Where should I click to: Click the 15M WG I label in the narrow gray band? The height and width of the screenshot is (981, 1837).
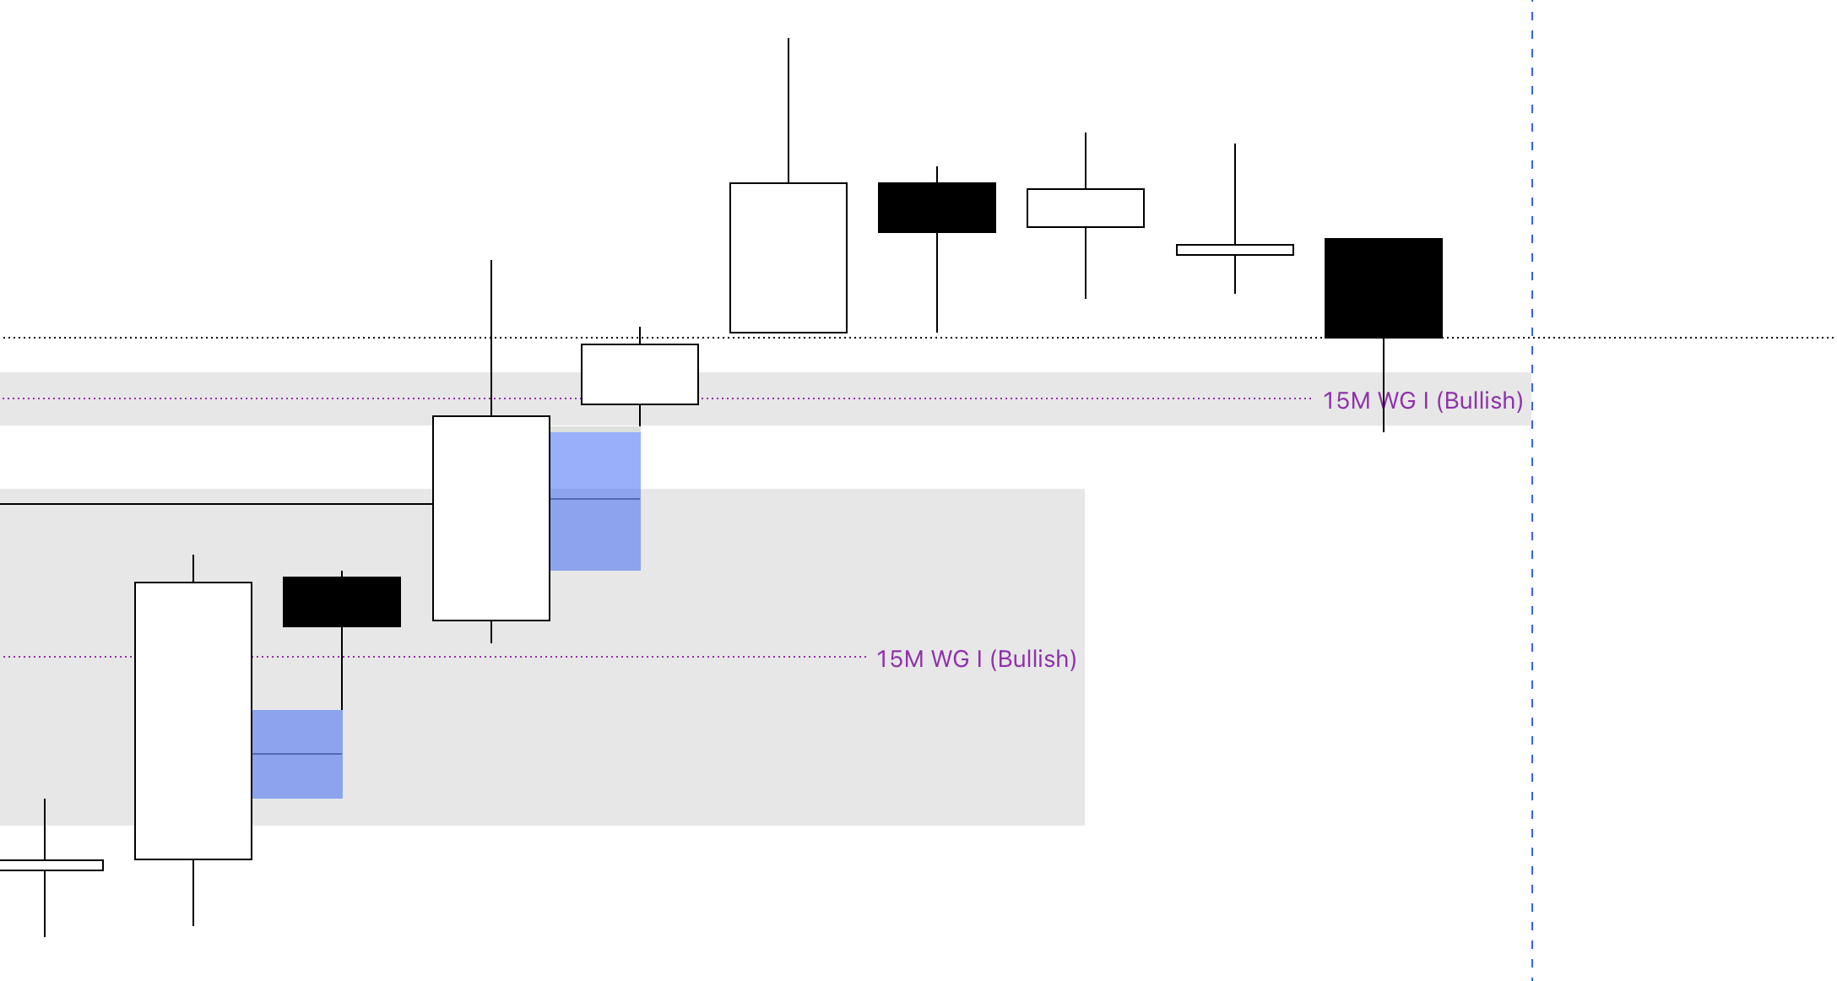click(x=1422, y=400)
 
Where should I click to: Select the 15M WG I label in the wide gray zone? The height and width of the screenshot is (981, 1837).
click(x=976, y=659)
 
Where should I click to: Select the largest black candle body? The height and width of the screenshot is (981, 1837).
click(x=1384, y=288)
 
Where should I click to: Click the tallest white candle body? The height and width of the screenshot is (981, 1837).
click(x=193, y=720)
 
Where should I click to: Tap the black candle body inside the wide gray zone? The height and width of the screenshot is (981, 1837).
click(x=342, y=602)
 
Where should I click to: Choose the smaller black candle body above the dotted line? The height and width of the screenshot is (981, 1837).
click(x=937, y=208)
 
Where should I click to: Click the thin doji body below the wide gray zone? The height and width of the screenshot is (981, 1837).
click(x=51, y=865)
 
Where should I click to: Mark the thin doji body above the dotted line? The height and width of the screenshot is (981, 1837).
click(x=1235, y=250)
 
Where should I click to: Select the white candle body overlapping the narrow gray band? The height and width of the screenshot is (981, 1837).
click(x=640, y=374)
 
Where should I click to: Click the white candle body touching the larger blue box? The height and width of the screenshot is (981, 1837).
click(x=491, y=518)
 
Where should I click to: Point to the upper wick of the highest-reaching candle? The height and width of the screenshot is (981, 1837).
click(x=788, y=110)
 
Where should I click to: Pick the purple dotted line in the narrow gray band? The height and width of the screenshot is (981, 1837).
click(x=1013, y=398)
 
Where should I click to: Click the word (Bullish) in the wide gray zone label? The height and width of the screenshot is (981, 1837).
click(x=1033, y=659)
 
